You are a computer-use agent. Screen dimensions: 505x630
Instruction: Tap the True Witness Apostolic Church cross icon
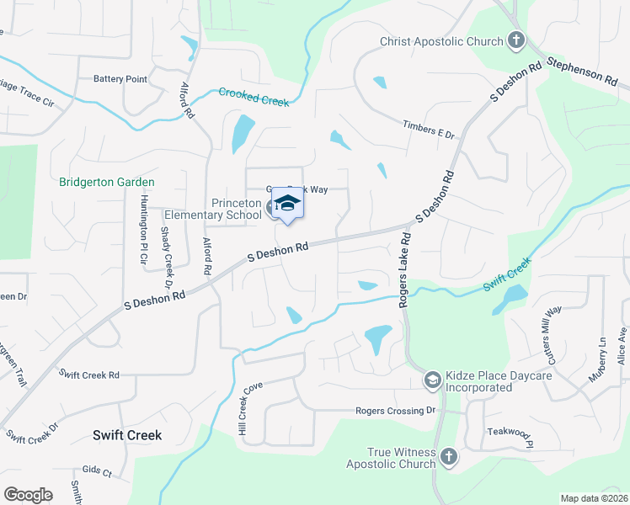tap(448, 457)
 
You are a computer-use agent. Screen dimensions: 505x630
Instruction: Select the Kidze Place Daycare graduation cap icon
tap(432, 381)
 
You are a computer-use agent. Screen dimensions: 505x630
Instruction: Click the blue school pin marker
tap(287, 205)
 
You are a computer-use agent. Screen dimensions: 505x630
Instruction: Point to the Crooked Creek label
tap(254, 97)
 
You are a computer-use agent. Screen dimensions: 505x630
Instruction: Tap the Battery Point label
tap(120, 79)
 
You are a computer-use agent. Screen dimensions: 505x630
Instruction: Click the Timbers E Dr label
tap(428, 129)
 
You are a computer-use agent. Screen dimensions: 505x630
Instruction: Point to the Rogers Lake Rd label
tap(403, 273)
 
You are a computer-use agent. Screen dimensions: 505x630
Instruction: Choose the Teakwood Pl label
tap(510, 433)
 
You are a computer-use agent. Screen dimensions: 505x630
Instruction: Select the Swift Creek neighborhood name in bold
tap(126, 435)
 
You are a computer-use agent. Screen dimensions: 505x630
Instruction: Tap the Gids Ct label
tap(96, 472)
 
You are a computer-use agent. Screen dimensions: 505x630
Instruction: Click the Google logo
tap(29, 495)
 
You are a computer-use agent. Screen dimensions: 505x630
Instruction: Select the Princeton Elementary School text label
tap(213, 209)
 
